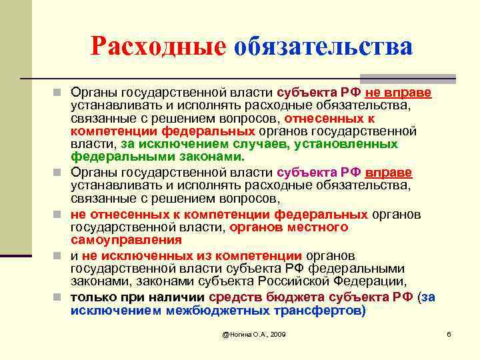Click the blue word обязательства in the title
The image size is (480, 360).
(323, 46)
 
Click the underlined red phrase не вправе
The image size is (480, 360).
(398, 92)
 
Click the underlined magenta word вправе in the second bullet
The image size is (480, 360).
(389, 173)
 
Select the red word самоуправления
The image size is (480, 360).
(127, 239)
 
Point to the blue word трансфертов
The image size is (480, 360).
(317, 310)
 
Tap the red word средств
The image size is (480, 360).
(235, 297)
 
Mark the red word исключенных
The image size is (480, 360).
(141, 256)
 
